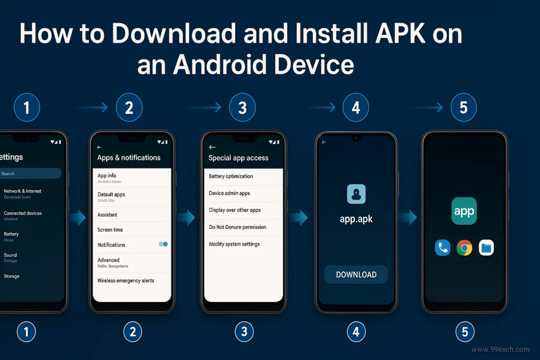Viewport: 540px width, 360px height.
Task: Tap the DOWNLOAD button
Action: [x=356, y=275]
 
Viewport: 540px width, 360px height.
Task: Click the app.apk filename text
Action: [x=356, y=219]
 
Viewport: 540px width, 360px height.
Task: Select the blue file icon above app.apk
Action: [x=356, y=194]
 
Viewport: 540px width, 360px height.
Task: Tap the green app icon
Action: [x=464, y=211]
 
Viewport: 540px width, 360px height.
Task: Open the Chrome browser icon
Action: [x=464, y=248]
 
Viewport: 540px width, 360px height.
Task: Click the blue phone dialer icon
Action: [x=442, y=248]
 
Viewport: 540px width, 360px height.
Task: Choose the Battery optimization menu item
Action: [x=231, y=177]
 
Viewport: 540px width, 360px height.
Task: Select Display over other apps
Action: [x=235, y=210]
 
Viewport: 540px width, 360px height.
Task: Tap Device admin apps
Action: [x=229, y=193]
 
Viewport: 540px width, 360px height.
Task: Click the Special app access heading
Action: [x=238, y=158]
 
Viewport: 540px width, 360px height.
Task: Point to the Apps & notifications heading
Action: [x=129, y=158]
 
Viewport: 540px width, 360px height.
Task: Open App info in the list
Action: [x=107, y=176]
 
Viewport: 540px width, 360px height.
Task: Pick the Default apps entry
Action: [x=111, y=194]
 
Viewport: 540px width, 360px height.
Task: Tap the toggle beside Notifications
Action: [x=163, y=245]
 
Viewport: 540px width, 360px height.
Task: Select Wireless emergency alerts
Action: [x=126, y=281]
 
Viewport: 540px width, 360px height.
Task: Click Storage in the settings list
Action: [x=12, y=276]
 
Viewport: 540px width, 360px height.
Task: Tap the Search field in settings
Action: [x=29, y=173]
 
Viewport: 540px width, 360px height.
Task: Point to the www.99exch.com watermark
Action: [x=500, y=349]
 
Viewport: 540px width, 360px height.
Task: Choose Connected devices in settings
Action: [x=23, y=213]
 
